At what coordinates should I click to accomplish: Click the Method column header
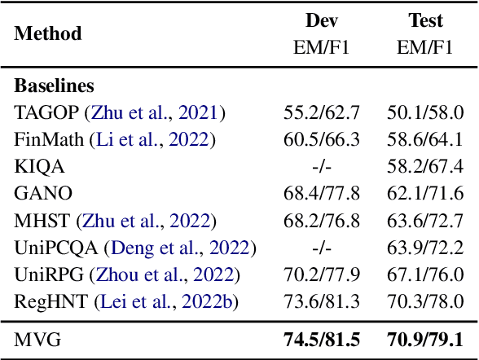(48, 33)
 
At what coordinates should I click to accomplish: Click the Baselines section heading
(53, 86)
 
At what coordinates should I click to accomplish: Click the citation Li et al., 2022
(154, 139)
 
